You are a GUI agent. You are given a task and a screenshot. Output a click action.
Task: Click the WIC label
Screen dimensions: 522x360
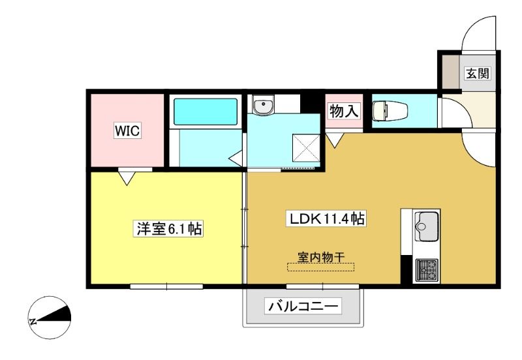(127, 130)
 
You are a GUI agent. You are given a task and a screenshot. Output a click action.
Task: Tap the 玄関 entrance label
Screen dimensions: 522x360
(478, 73)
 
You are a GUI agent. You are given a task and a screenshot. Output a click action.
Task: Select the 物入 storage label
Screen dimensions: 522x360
(345, 111)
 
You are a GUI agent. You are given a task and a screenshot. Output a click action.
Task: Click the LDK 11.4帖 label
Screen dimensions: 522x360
(326, 218)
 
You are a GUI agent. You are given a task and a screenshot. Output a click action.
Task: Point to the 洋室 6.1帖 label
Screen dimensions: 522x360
(169, 228)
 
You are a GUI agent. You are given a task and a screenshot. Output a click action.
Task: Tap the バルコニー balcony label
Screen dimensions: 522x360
(303, 306)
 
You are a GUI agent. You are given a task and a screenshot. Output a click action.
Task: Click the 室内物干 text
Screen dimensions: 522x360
(320, 257)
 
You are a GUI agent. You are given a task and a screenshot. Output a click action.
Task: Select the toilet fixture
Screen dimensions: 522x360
(390, 111)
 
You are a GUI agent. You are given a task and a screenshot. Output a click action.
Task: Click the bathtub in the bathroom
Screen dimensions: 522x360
(206, 112)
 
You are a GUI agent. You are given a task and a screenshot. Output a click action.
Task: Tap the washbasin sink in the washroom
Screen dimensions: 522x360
(263, 105)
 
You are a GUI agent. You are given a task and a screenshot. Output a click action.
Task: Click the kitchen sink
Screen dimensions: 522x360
(427, 226)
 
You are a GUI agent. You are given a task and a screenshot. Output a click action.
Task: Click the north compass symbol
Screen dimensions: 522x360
(50, 318)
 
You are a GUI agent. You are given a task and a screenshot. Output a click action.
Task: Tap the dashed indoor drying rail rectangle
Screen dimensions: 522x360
(320, 267)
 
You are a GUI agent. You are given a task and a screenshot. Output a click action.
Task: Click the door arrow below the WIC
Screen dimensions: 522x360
(127, 177)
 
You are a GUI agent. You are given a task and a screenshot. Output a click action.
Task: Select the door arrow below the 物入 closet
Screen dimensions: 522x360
(335, 140)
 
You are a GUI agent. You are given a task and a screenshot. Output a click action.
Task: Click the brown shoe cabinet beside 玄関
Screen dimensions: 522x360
(451, 72)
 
